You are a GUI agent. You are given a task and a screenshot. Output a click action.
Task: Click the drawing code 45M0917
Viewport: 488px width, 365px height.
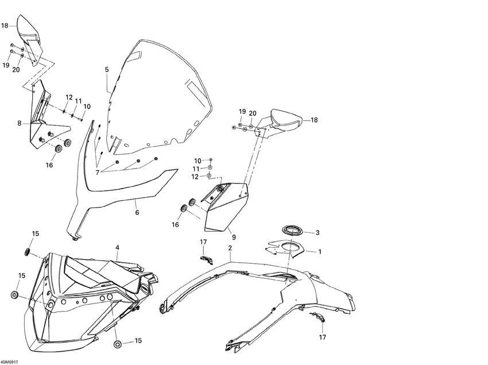[9, 362]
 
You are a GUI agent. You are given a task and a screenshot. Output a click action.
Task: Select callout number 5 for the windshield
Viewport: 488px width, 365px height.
[107, 70]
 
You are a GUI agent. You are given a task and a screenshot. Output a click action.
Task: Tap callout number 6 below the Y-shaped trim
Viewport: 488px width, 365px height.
[137, 213]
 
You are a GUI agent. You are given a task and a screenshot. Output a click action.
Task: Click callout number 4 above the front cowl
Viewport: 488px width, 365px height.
[117, 248]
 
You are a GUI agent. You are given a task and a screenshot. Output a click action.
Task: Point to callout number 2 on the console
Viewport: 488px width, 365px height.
[230, 248]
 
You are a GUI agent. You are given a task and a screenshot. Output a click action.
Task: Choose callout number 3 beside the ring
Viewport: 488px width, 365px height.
[317, 233]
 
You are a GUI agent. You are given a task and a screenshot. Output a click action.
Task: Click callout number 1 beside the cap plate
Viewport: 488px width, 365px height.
[319, 252]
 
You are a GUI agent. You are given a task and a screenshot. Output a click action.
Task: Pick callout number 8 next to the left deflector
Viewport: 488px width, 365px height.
[20, 124]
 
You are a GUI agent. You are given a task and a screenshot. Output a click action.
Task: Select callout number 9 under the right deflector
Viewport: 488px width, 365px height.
[234, 237]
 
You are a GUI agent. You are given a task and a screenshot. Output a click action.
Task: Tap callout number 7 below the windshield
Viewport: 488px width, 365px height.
[98, 172]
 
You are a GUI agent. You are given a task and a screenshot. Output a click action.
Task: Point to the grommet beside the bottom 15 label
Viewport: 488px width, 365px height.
[118, 344]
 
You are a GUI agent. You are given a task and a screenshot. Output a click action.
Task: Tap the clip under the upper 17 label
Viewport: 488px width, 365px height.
[206, 259]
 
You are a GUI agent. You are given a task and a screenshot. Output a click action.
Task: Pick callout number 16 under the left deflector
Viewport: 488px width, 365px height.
[49, 165]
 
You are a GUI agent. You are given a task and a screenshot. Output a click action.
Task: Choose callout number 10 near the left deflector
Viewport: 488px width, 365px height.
[87, 106]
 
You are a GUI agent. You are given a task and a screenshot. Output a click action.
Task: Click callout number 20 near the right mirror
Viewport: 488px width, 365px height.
[253, 113]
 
